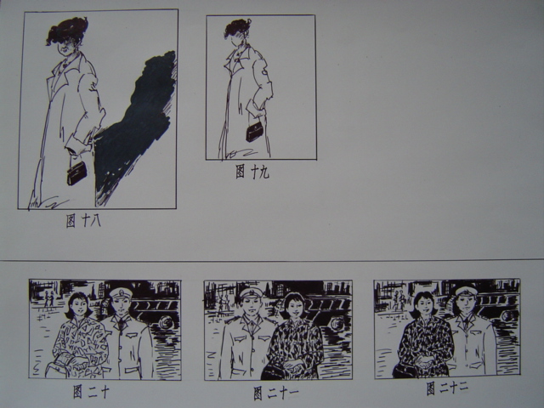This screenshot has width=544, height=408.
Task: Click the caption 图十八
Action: click(83, 221)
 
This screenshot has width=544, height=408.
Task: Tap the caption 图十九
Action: click(252, 172)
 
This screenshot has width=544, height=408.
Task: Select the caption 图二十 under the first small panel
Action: click(91, 392)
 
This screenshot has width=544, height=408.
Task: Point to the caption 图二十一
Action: click(275, 393)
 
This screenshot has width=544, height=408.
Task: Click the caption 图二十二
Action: click(448, 388)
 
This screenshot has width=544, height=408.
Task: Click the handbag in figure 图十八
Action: click(76, 173)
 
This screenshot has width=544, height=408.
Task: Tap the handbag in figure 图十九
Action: click(255, 132)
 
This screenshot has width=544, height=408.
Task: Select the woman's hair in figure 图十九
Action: click(237, 28)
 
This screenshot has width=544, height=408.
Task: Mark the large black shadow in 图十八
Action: click(137, 125)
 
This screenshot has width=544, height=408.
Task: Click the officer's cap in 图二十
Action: click(121, 294)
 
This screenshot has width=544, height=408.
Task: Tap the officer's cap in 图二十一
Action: click(252, 293)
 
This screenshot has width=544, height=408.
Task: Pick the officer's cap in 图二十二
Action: click(467, 292)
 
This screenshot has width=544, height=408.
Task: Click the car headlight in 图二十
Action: click(163, 324)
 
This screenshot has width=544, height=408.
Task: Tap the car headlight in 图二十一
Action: click(336, 323)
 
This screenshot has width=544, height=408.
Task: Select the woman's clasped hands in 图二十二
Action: click(425, 363)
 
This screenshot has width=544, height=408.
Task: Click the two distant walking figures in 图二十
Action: click(49, 299)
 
